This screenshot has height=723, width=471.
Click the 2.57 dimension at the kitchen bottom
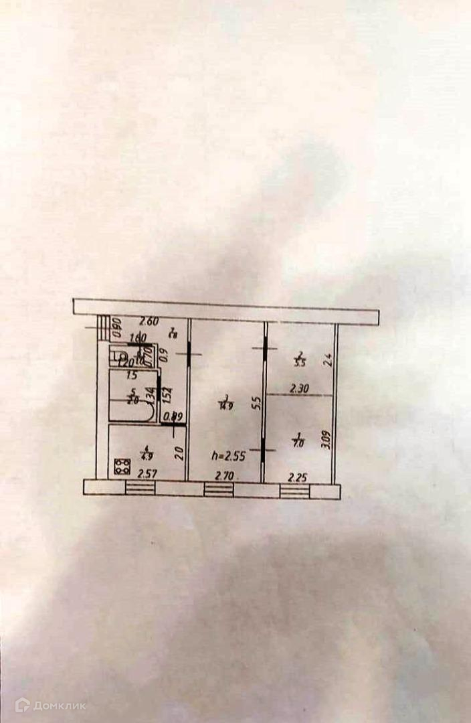(147, 475)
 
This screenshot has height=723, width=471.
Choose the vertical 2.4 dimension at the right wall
(327, 361)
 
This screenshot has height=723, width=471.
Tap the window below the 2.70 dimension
(219, 490)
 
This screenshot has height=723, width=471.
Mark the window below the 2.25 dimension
(294, 491)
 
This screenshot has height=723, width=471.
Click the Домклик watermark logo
(50, 705)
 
